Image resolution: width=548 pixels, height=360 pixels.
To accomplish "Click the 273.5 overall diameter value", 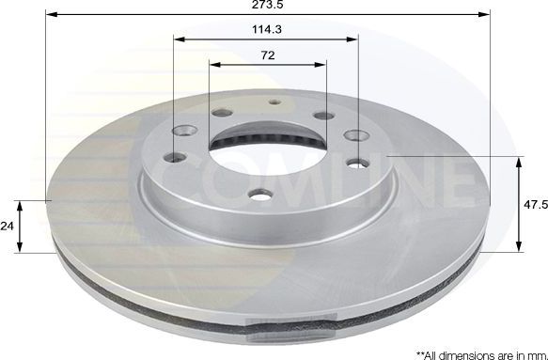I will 267,6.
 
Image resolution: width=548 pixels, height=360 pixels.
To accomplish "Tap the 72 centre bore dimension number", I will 267,55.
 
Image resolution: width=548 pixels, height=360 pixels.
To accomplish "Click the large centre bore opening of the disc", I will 267,160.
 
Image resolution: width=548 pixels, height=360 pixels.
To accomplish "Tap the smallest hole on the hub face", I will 274,102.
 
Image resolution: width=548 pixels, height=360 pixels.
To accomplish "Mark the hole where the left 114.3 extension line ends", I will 175,159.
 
